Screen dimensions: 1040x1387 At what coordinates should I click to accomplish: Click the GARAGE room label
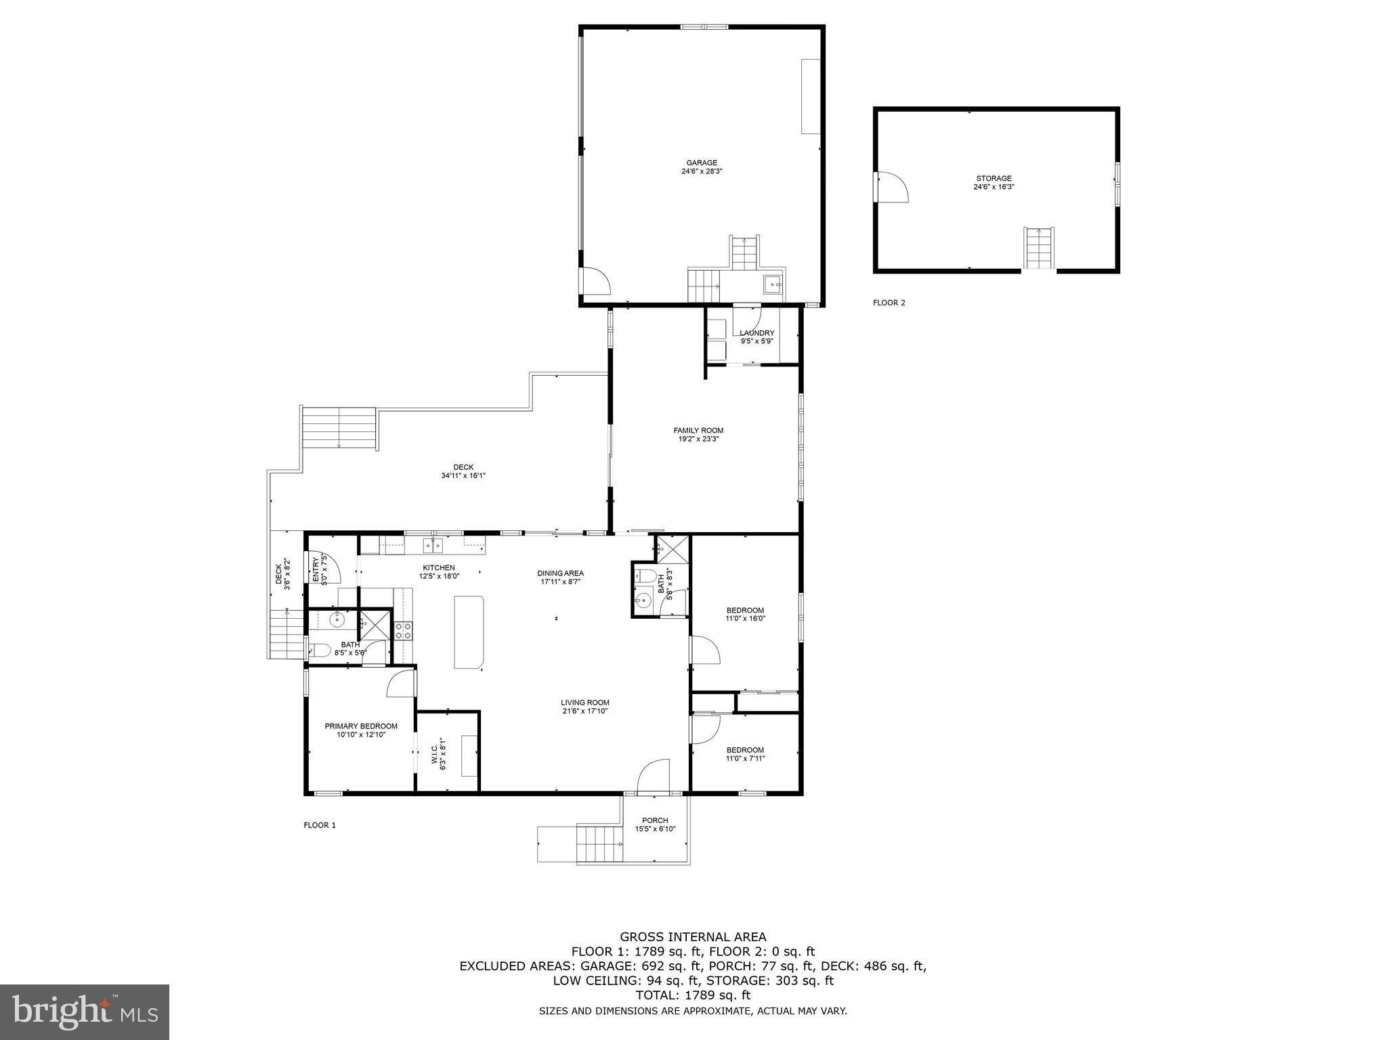(x=702, y=162)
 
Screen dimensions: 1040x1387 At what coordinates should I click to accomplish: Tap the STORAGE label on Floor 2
(x=994, y=178)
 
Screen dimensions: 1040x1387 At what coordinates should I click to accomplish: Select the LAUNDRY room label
(x=756, y=333)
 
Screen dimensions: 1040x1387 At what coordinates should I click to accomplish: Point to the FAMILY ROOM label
(x=698, y=430)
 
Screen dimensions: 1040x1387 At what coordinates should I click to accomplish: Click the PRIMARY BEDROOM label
(x=361, y=726)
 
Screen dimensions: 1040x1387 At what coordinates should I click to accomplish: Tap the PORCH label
(x=655, y=820)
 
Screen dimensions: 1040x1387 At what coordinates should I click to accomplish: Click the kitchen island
(x=469, y=632)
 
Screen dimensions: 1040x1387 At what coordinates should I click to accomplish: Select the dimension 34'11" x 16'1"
(x=463, y=475)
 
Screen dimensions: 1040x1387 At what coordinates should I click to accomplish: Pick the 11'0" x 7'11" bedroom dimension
(x=745, y=758)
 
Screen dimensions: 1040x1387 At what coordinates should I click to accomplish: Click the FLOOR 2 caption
(x=889, y=303)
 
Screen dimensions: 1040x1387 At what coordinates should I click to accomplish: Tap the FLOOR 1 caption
(x=320, y=825)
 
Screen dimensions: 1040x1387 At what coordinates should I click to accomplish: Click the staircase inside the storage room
(x=1039, y=248)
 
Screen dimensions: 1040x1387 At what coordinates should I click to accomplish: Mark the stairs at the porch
(x=599, y=844)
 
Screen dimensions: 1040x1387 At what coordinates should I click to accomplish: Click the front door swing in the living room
(x=654, y=775)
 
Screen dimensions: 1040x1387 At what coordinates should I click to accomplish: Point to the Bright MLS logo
(x=85, y=1012)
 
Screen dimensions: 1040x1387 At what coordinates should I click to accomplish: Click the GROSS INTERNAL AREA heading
(x=693, y=937)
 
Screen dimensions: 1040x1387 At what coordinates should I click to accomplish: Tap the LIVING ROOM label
(x=585, y=702)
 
